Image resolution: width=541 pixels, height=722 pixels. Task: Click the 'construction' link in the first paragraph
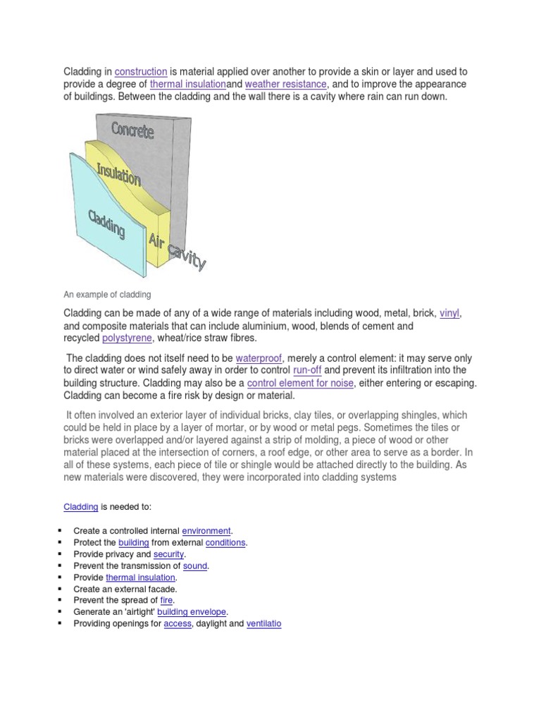coord(141,72)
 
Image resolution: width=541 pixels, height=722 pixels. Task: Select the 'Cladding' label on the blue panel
coord(106,224)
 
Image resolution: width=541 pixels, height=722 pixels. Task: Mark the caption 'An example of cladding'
coord(107,294)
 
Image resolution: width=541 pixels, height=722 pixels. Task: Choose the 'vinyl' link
coord(449,312)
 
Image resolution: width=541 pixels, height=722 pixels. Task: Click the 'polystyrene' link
coord(127,338)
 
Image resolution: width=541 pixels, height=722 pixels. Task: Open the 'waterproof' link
coord(259,358)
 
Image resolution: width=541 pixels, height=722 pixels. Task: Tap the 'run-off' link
coord(306,370)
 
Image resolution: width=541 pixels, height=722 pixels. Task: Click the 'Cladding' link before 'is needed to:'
coord(81,506)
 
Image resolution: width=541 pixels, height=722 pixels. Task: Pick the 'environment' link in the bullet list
coord(206,530)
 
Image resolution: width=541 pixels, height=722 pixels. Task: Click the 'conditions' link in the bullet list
coord(225,542)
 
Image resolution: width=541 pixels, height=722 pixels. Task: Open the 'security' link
coord(168,554)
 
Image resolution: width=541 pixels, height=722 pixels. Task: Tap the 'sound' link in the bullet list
coord(195,565)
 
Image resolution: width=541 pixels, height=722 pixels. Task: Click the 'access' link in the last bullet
coord(177,624)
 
